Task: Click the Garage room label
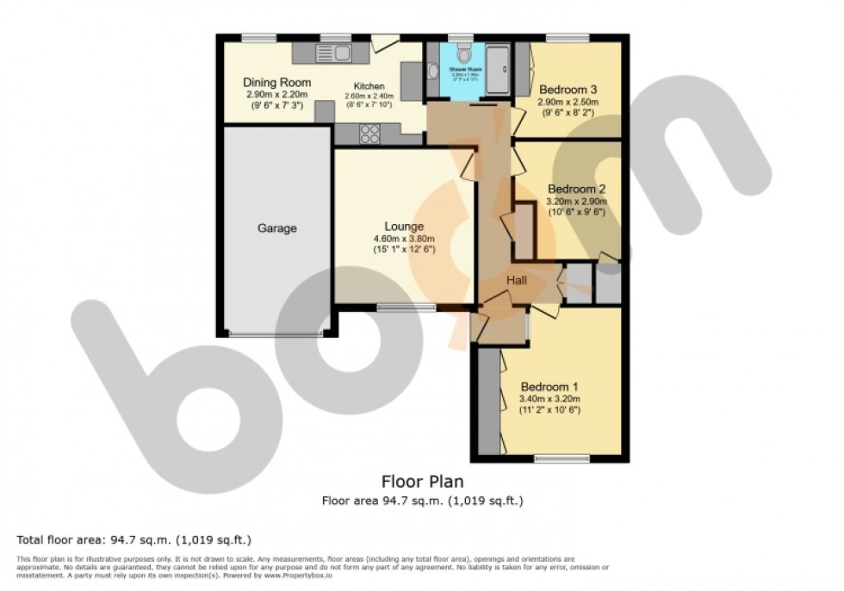277,229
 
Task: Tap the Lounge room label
403,227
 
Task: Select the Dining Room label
276,83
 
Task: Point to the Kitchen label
369,86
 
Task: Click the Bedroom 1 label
549,387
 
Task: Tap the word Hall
517,281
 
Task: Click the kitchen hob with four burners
370,134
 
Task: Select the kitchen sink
342,53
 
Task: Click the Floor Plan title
422,482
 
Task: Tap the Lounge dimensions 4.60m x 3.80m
404,239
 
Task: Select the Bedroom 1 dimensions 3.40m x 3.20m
549,399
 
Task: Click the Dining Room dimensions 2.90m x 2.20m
276,95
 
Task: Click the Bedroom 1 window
562,457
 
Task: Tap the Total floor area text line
133,540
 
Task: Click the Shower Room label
462,66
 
